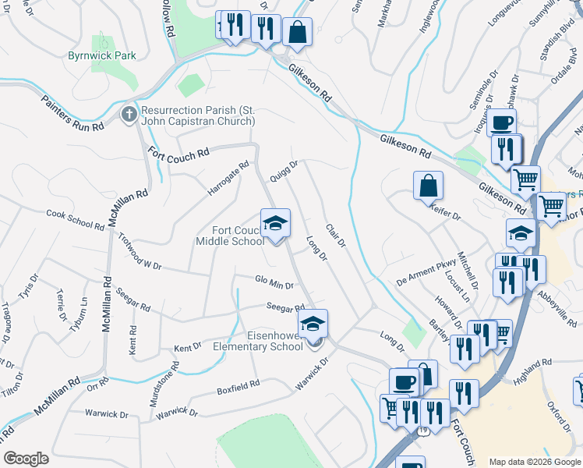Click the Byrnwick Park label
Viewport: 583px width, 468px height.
[101, 55]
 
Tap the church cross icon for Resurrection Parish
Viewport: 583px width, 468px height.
[129, 115]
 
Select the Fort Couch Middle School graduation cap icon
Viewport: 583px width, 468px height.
[275, 224]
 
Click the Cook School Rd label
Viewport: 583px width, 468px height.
[75, 219]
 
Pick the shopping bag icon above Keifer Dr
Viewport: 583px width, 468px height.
[428, 186]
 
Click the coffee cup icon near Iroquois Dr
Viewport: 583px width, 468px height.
[503, 122]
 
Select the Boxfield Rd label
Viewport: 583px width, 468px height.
[238, 386]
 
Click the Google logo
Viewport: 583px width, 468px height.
[26, 459]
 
